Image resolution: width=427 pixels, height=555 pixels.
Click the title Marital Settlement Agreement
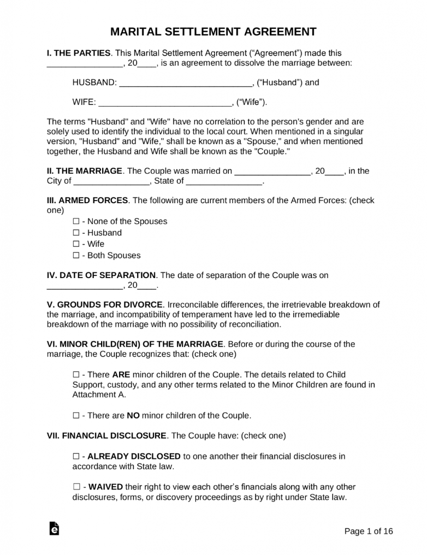[213, 32]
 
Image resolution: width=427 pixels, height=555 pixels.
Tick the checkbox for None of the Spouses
[76, 222]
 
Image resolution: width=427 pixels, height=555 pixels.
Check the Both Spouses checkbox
[76, 256]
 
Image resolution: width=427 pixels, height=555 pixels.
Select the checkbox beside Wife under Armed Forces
[76, 244]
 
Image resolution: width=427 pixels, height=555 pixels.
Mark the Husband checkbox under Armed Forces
[76, 233]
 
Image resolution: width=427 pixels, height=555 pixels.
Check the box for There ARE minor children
[76, 375]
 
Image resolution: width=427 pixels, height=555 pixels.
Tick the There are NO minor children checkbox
[76, 416]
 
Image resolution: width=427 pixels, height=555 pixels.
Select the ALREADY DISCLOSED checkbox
[76, 456]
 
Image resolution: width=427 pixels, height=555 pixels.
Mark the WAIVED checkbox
[76, 487]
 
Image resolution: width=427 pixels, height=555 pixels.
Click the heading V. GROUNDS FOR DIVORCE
[105, 304]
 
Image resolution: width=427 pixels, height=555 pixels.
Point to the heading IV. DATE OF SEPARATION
[102, 275]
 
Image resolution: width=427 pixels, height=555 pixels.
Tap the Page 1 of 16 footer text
[369, 531]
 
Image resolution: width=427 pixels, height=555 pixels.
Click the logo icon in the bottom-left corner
[54, 528]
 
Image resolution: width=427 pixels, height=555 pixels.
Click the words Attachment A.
[99, 395]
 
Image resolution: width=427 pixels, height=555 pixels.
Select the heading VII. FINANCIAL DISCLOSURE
[106, 436]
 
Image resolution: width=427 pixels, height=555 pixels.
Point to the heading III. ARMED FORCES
[87, 200]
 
